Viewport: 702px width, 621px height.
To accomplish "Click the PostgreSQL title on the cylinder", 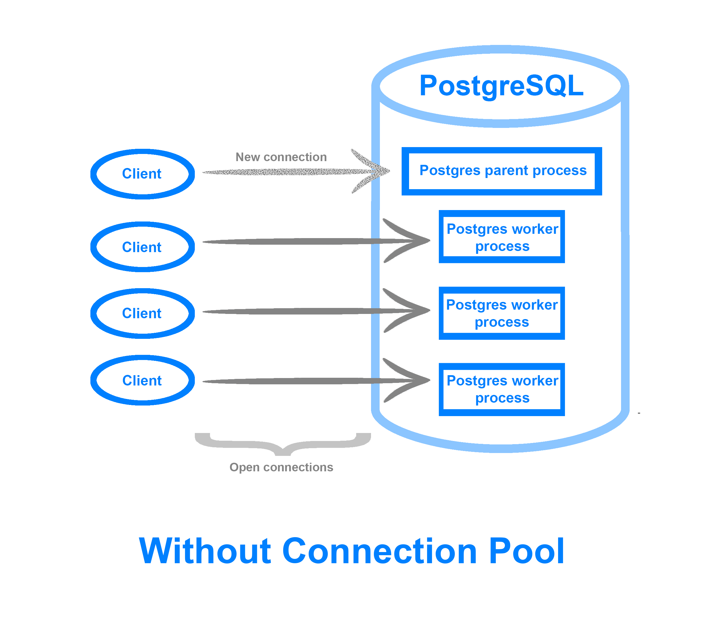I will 501,86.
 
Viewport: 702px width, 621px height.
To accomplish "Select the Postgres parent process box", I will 501,171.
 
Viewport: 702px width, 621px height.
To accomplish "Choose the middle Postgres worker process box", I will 501,313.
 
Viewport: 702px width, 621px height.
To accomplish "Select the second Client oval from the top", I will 142,247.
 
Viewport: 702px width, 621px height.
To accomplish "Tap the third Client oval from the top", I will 142,313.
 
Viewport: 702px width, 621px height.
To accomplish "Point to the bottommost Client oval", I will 142,380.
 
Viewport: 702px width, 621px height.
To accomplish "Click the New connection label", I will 281,157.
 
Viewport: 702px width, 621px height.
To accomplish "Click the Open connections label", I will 281,467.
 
